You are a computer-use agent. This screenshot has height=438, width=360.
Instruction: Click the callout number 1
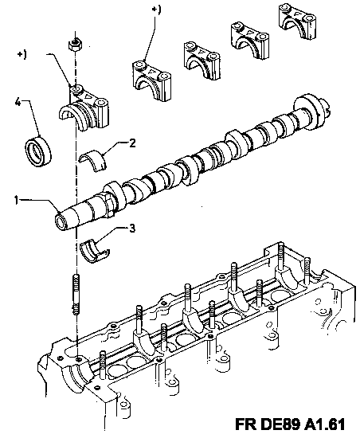click(17, 200)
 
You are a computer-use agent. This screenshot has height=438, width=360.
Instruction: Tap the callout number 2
click(132, 143)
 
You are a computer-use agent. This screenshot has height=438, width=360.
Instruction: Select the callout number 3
click(132, 228)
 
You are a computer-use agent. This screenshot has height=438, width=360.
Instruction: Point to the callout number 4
click(18, 103)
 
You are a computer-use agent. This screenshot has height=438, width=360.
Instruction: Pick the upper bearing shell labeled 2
click(93, 161)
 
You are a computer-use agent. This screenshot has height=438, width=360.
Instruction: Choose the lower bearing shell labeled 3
click(95, 251)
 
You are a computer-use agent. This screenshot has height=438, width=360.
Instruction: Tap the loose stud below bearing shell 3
click(76, 295)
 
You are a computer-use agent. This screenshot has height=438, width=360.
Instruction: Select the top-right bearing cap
click(297, 20)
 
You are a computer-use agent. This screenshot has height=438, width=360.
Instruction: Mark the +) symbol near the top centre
click(156, 10)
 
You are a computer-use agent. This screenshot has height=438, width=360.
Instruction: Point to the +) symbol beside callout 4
click(22, 54)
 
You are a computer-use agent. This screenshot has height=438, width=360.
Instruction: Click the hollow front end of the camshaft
click(61, 223)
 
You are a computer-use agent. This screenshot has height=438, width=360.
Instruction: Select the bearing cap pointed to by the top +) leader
click(151, 80)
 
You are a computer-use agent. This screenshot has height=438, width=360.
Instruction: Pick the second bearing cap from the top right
click(249, 41)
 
